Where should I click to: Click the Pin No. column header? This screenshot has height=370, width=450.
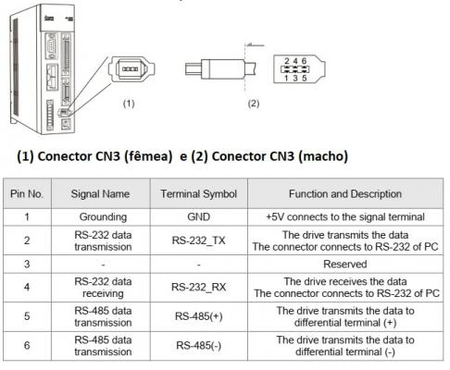(x=27, y=194)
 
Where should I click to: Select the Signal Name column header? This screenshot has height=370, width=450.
(x=100, y=194)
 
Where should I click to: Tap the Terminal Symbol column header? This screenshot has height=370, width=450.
(x=199, y=194)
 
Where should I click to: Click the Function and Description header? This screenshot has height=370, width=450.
(x=345, y=194)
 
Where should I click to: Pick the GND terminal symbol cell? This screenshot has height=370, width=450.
(x=199, y=216)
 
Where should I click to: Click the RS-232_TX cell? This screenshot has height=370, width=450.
(x=199, y=240)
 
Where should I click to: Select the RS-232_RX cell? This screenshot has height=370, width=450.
(x=199, y=287)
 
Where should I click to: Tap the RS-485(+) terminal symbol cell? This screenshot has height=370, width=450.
(x=199, y=316)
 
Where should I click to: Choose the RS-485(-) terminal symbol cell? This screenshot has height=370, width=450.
(x=199, y=346)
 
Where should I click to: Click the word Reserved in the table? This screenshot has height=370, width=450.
(x=345, y=264)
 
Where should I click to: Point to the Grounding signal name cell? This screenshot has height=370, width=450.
(x=103, y=217)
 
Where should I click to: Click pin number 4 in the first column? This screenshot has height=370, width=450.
(x=27, y=287)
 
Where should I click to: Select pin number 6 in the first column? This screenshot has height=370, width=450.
(x=27, y=345)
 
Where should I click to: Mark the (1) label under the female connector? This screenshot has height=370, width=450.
(x=129, y=104)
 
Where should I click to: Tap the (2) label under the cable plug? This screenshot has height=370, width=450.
(x=254, y=104)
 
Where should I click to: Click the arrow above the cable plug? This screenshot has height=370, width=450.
(x=256, y=45)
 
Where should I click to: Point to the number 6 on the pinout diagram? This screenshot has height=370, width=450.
(x=304, y=61)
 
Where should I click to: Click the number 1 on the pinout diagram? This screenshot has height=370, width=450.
(x=286, y=78)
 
